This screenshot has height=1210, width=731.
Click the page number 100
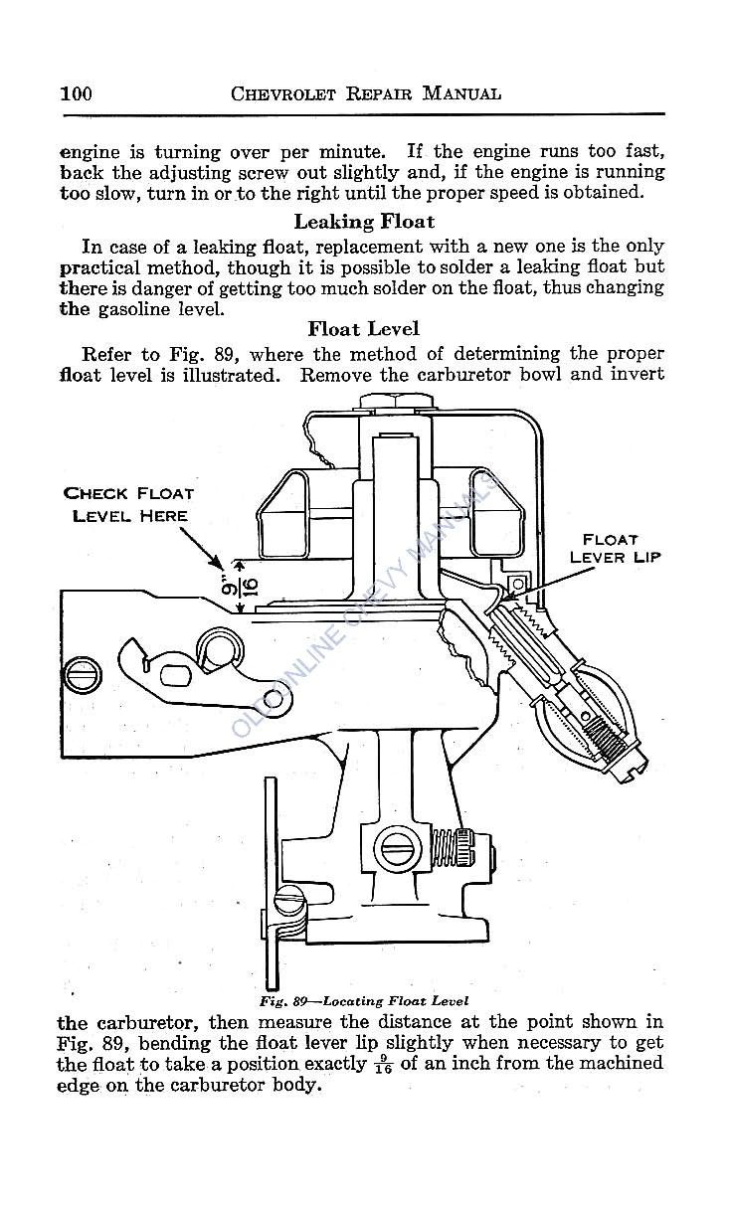tap(76, 94)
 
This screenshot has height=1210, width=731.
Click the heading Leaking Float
tap(364, 222)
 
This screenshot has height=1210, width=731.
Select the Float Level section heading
tap(363, 328)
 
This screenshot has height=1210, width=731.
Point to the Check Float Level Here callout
tap(128, 504)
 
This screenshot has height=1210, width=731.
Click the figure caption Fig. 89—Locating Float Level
tap(365, 1000)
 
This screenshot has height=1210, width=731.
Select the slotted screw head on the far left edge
tap(77, 677)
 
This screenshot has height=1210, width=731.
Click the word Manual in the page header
tap(460, 94)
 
